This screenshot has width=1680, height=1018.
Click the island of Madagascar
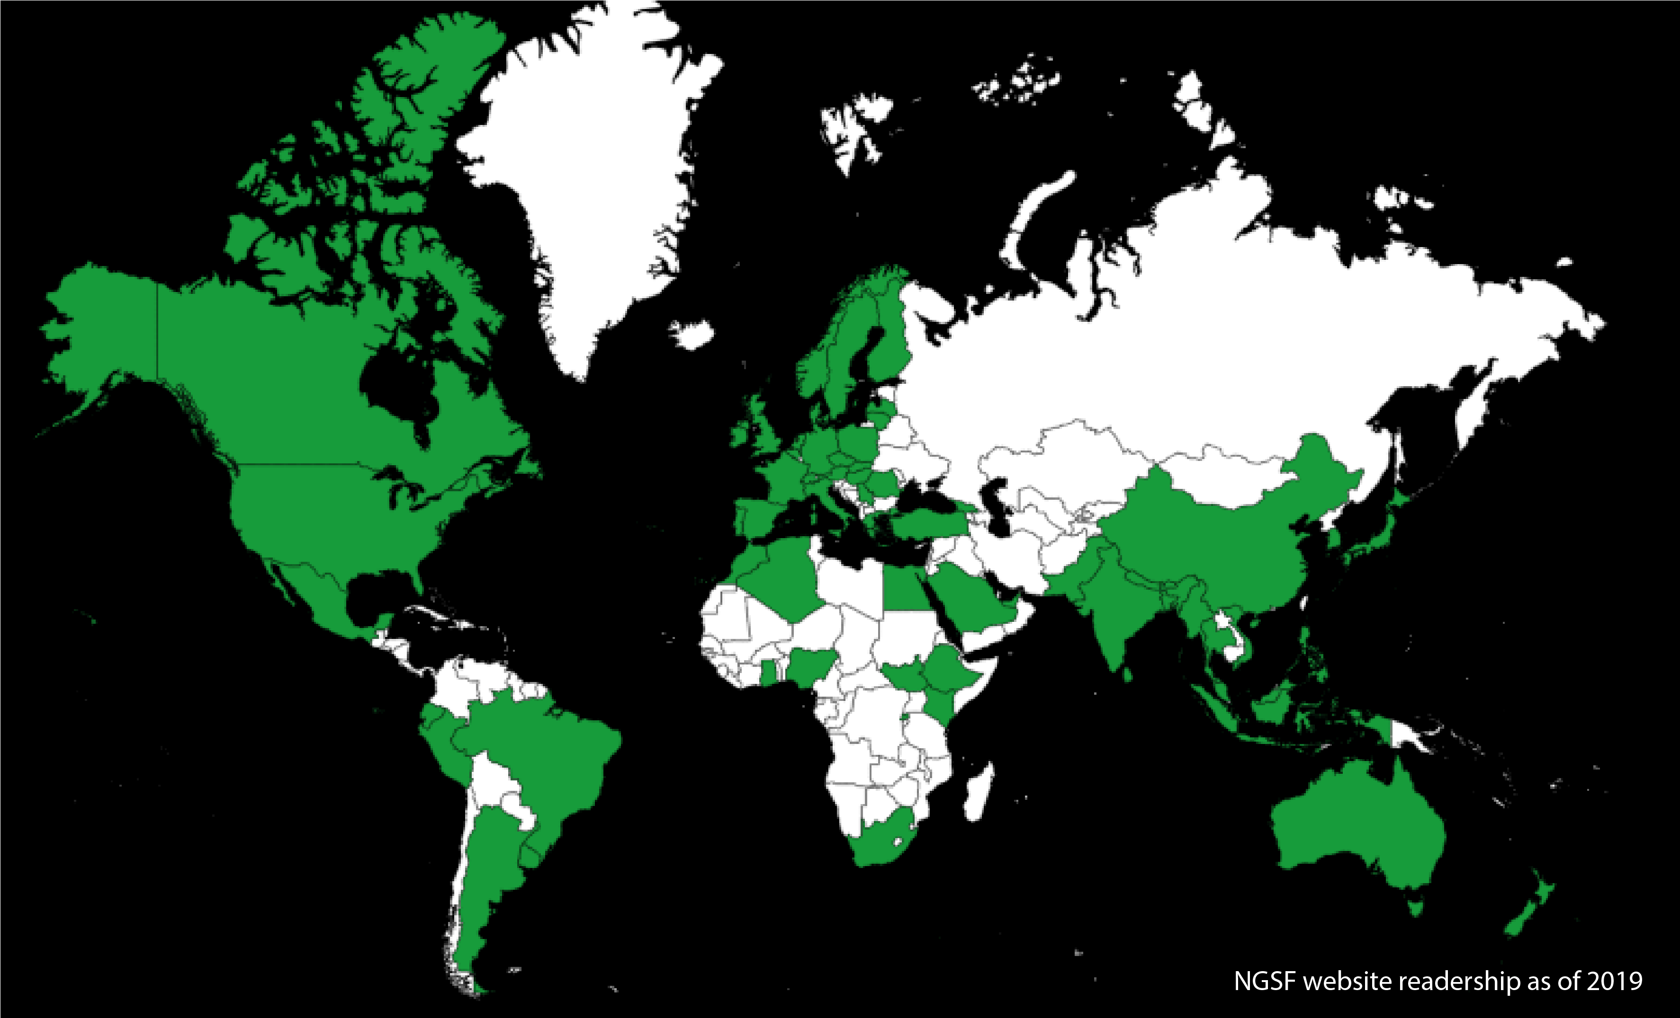click(980, 794)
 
